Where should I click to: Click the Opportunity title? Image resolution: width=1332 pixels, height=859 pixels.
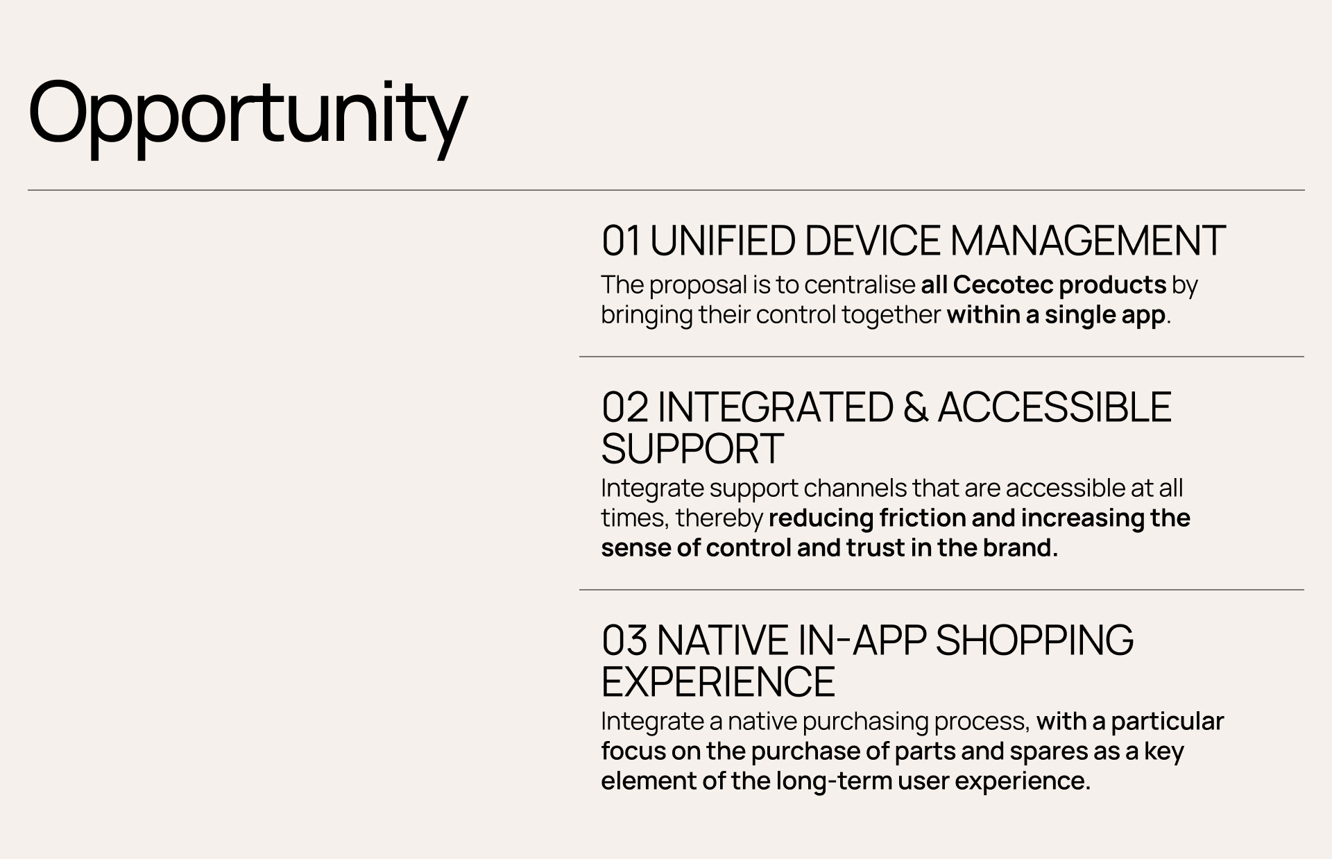click(248, 114)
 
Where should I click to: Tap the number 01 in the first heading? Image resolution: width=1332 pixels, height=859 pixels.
click(622, 241)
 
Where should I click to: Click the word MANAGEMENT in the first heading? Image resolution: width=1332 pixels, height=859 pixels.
click(1087, 241)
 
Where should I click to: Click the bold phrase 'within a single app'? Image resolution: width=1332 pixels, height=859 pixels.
click(1056, 315)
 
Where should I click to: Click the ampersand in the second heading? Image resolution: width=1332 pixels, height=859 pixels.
click(916, 407)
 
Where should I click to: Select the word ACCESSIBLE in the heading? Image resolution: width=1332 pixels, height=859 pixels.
click(1054, 407)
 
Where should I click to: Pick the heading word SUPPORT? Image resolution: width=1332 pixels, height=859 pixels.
click(692, 448)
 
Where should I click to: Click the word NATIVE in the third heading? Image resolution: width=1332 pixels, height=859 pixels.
click(723, 640)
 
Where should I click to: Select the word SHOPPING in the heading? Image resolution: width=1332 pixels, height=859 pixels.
click(1034, 640)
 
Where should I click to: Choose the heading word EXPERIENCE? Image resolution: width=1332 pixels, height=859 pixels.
click(718, 681)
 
